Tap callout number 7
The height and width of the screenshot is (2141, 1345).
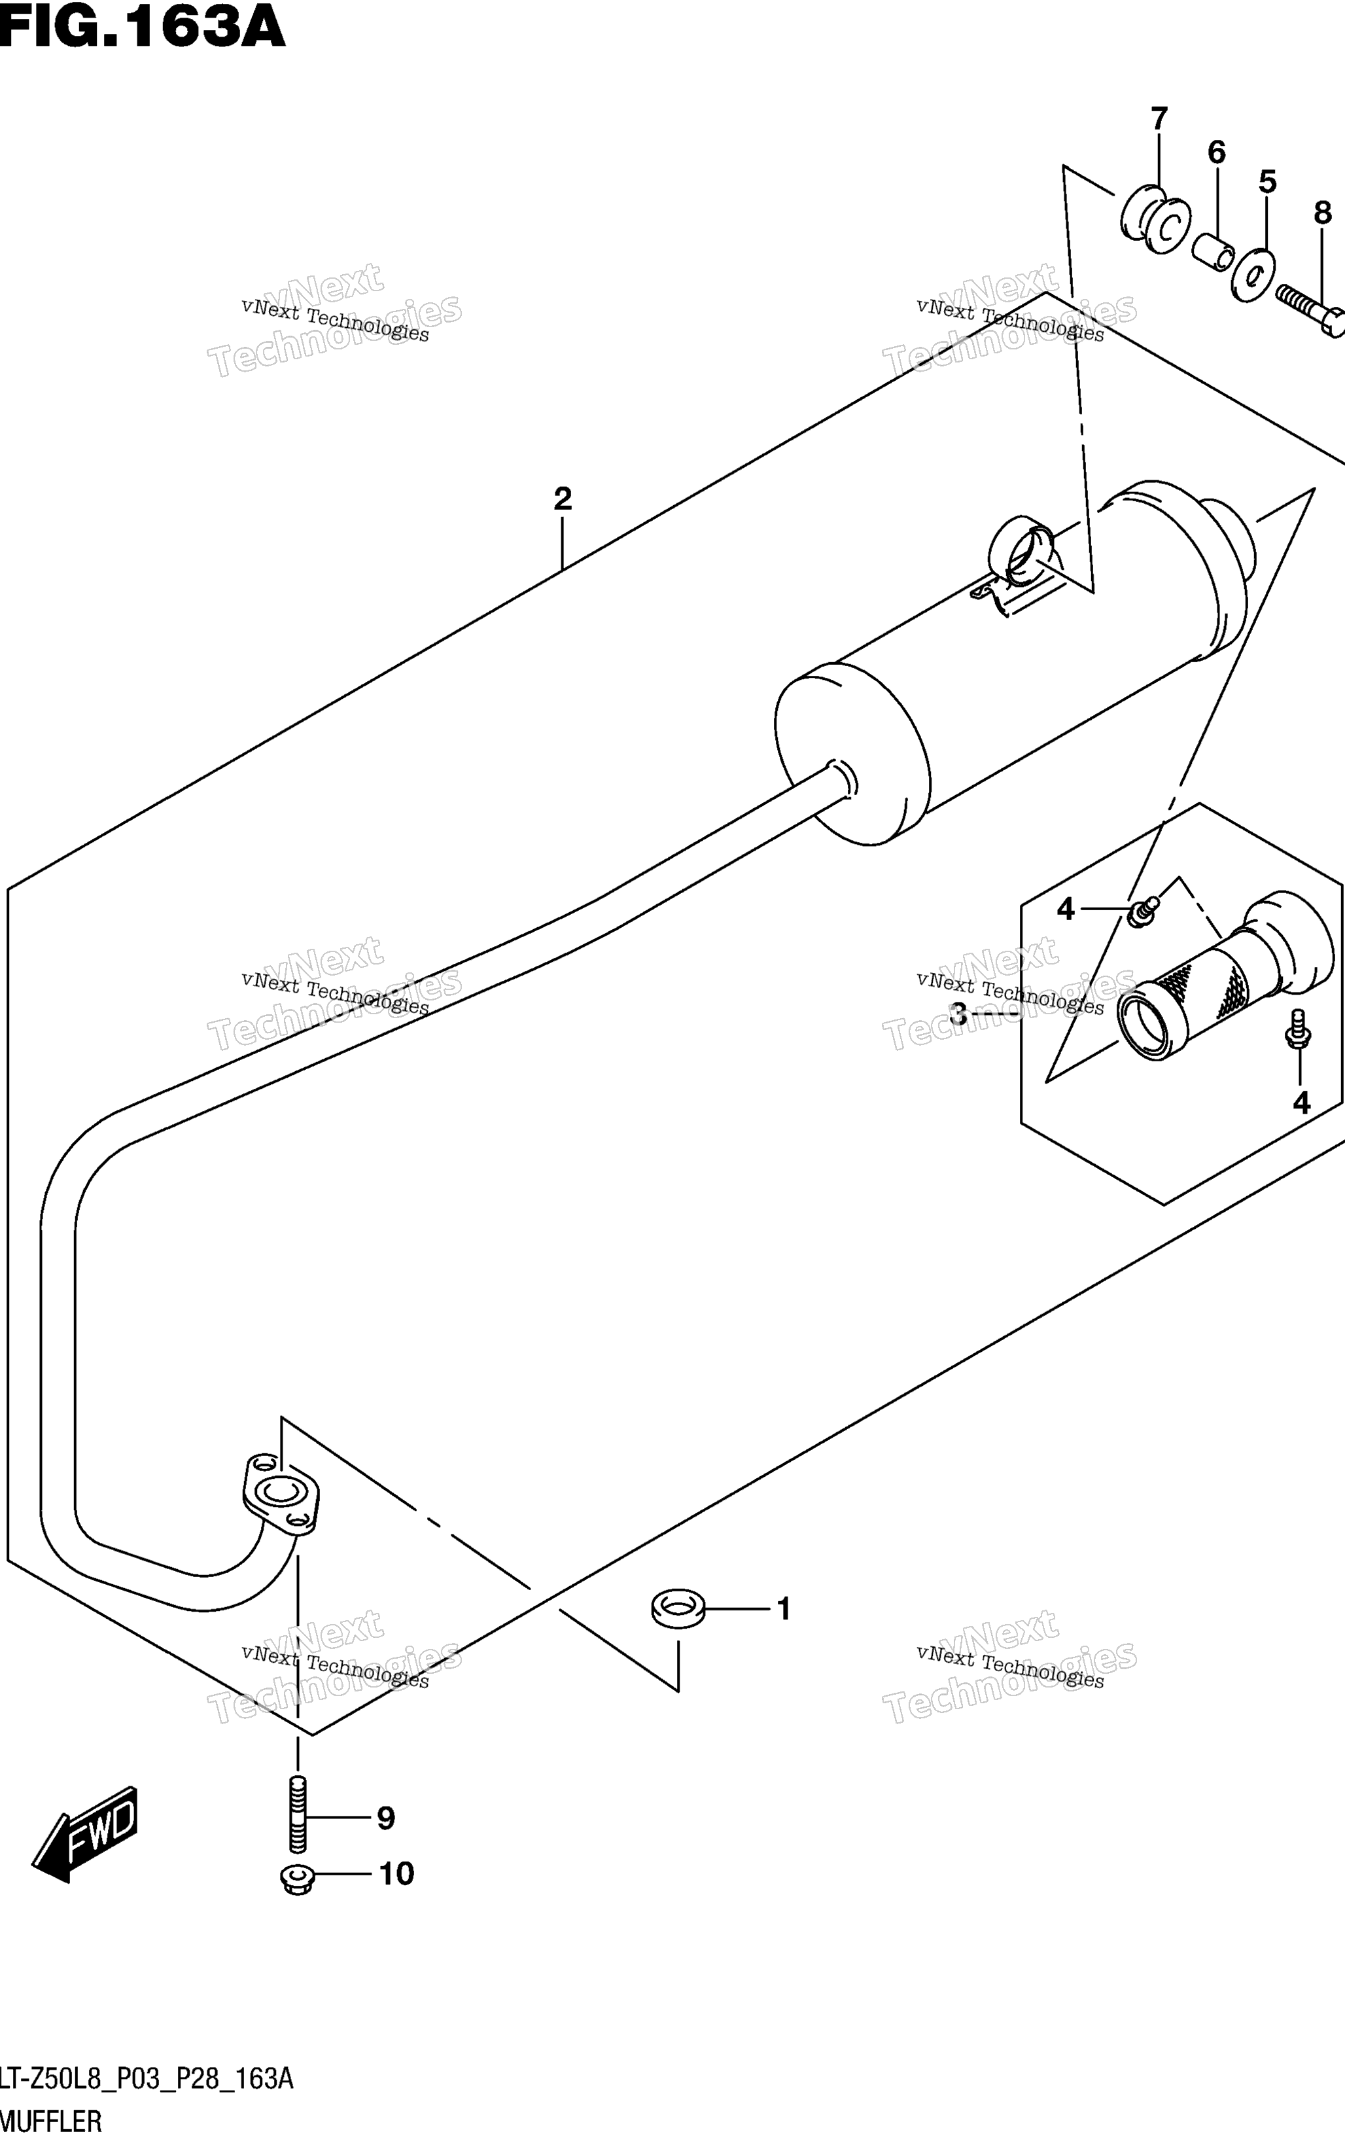click(1159, 118)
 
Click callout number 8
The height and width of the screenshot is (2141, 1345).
click(1323, 213)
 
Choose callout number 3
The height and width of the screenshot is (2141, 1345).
click(958, 1013)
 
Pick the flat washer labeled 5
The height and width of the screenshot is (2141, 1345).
click(1251, 274)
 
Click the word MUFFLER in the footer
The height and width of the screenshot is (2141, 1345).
click(50, 2122)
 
